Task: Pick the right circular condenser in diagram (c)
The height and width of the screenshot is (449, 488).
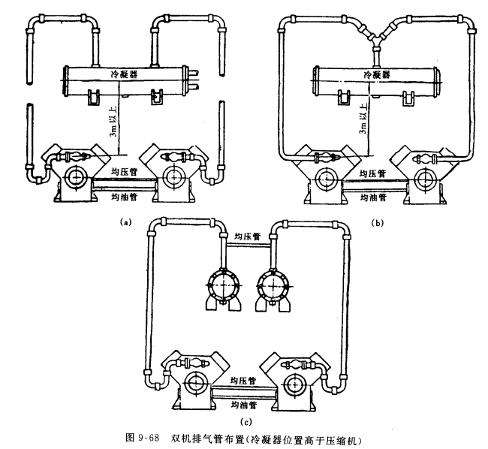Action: pos(273,285)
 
